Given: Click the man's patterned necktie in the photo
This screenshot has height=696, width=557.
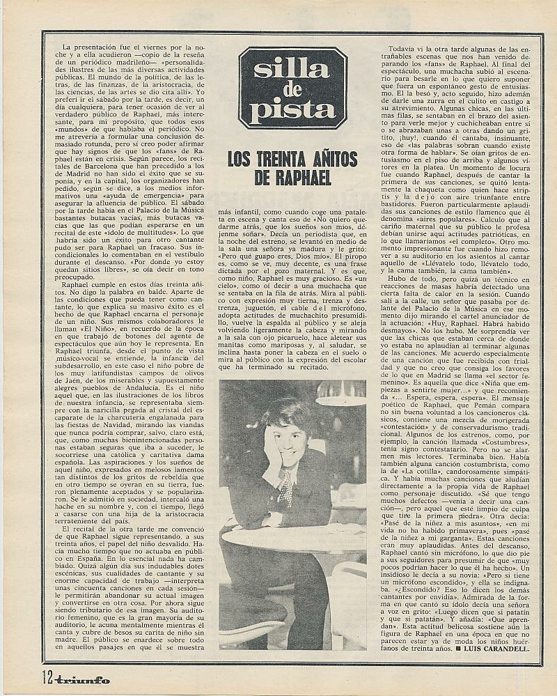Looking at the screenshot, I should (x=285, y=488).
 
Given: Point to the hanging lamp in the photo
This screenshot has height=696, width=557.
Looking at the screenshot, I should (x=340, y=393).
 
